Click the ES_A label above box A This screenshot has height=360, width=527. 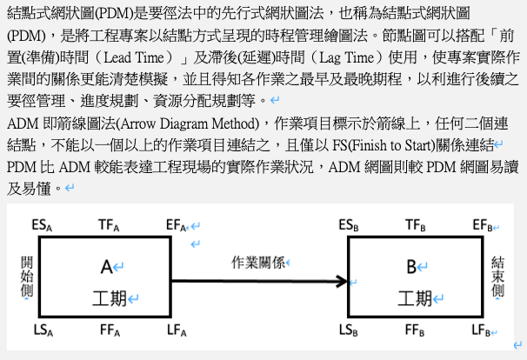coord(42,225)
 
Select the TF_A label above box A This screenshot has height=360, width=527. coord(109,225)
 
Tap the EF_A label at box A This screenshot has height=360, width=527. coord(177,225)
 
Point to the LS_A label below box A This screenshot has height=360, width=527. coord(43,330)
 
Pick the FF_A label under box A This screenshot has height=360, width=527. coord(110,330)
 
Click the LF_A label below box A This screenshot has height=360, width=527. coord(177,330)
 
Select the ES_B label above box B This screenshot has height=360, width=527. coord(349,225)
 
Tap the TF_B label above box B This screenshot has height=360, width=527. coord(416,225)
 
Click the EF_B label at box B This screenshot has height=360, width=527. coord(483,225)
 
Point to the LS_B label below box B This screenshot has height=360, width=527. coord(349,330)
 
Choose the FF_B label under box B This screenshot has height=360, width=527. coord(415,330)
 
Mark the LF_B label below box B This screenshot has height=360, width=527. coord(481,330)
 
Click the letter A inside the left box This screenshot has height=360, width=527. coord(107,268)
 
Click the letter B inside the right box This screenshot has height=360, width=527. coord(411,268)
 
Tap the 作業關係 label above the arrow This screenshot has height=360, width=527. coord(258,263)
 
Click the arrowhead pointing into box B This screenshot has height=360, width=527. coord(343,281)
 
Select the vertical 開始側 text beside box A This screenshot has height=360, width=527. coord(27,277)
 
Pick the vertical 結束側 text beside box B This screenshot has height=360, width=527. coord(497,277)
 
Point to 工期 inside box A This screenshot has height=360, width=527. coord(110,298)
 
